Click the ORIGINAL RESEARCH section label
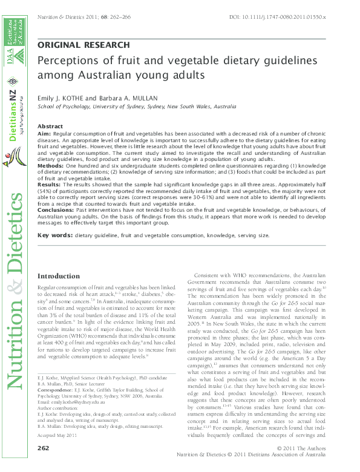point(83,45)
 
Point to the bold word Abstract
point(50,126)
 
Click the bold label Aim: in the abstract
point(45,133)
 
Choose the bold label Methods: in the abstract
point(51,165)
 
